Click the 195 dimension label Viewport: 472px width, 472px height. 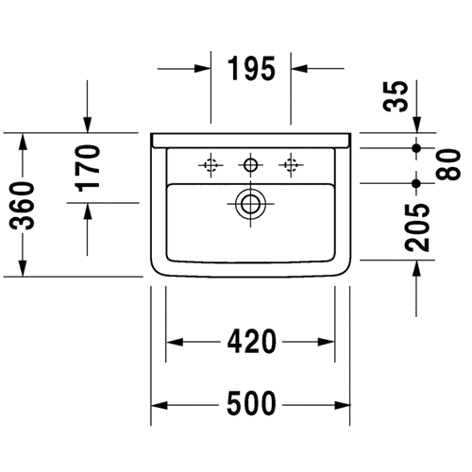tap(251, 69)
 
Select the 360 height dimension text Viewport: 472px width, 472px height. tap(22, 206)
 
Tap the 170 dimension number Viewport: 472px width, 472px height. tap(88, 168)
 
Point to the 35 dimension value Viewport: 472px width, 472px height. tap(396, 96)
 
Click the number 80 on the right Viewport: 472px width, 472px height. tap(448, 165)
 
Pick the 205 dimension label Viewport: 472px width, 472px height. tap(417, 228)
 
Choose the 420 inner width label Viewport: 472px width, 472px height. tap(252, 342)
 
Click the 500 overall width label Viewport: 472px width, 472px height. tap(251, 403)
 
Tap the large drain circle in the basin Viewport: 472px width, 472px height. tap(250, 204)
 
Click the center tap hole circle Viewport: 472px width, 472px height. tap(250, 165)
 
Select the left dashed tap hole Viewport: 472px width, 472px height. tap(211, 165)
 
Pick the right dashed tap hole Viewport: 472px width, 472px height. tap(291, 165)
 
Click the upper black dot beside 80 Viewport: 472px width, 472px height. tap(416, 147)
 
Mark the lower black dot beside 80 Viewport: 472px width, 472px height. tap(416, 183)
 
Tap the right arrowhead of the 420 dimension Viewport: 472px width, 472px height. tap(326, 342)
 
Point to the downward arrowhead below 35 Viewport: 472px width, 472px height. tap(416, 125)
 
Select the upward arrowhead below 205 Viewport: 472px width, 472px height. tap(416, 269)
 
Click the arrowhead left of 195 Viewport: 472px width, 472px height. tap(202, 68)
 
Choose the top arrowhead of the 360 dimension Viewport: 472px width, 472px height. tap(23, 142)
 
